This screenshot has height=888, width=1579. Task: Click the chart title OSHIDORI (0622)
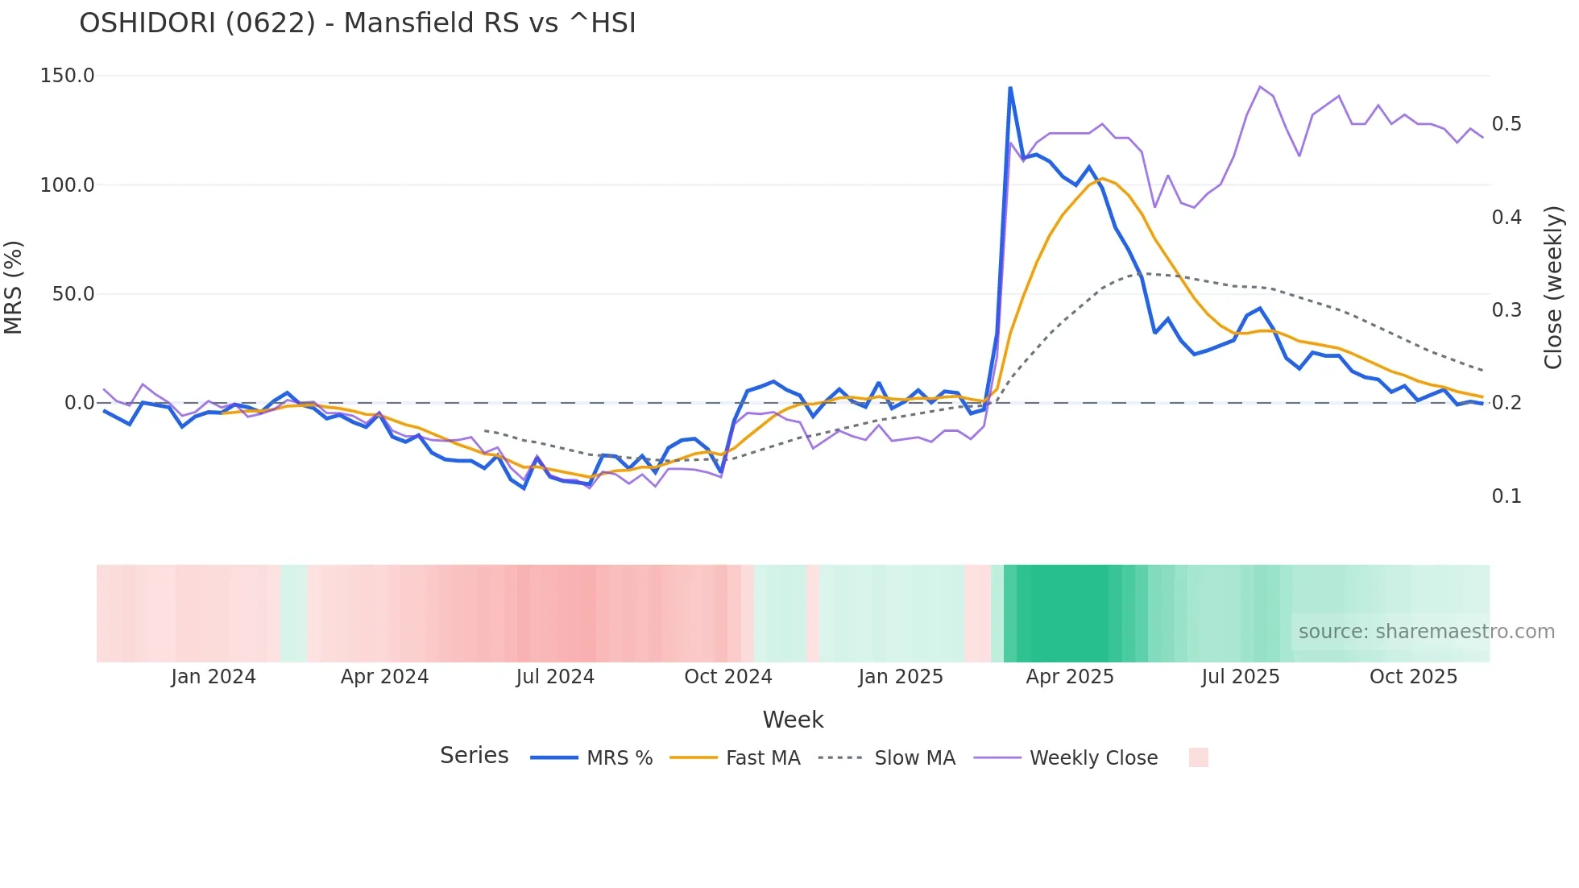[x=357, y=23]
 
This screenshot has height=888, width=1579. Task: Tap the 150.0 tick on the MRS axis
[x=68, y=76]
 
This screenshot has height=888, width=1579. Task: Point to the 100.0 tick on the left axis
[x=68, y=185]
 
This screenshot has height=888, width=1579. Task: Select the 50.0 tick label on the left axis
[x=73, y=294]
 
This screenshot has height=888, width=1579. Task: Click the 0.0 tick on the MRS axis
[x=79, y=403]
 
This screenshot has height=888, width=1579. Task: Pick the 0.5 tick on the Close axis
[x=1506, y=124]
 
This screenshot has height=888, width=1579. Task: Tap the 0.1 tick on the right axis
[x=1506, y=496]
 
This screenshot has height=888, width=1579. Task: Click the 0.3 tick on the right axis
[x=1506, y=310]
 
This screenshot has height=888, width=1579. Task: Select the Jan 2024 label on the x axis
[x=213, y=677]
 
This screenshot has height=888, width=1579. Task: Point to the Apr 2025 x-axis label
[x=1070, y=677]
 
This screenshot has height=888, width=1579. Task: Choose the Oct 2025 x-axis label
[x=1414, y=677]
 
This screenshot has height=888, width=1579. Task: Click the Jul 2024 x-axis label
[x=555, y=677]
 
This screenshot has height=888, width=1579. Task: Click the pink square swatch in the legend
[x=1199, y=757]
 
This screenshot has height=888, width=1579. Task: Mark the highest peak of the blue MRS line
[x=1010, y=88]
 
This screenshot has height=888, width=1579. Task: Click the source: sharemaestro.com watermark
[x=1426, y=632]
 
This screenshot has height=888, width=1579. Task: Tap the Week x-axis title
[x=793, y=720]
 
